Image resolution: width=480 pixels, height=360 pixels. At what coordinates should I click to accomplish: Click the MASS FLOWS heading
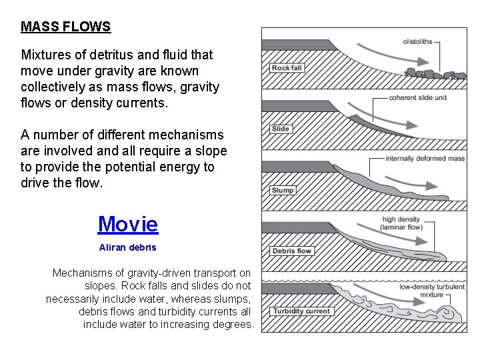[65, 27]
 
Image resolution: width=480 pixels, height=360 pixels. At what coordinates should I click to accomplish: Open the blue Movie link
[128, 224]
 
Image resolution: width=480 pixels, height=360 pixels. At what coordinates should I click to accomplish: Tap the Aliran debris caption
[127, 247]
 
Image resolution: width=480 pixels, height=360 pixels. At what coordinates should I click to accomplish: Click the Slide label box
[281, 129]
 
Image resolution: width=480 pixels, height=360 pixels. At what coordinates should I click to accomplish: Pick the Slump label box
[283, 191]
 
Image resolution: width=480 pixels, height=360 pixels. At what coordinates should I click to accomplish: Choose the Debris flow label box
[292, 251]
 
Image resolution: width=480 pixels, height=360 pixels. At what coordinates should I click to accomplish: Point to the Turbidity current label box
[301, 311]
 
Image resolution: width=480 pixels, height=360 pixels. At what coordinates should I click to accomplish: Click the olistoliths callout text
[417, 41]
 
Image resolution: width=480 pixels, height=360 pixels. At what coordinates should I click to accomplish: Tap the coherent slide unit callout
[418, 98]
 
